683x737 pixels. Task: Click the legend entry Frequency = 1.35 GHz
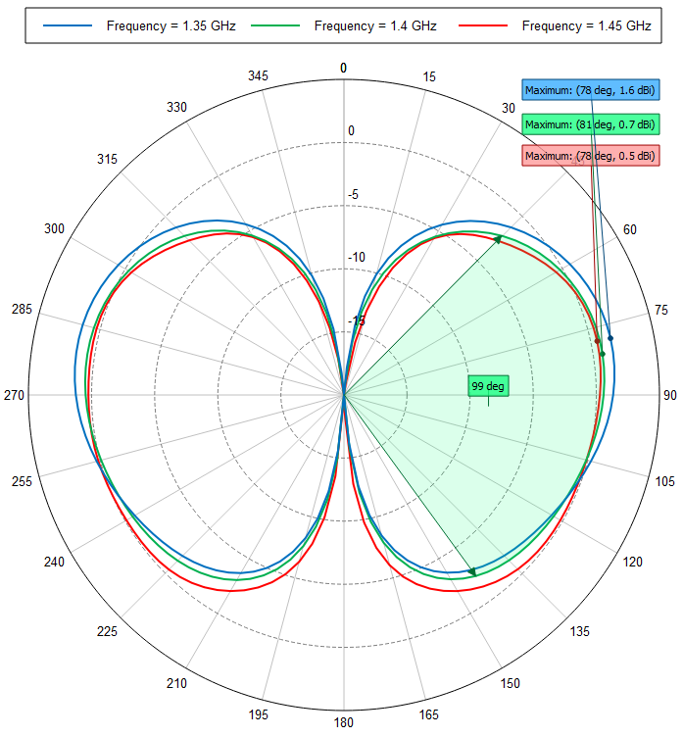[x=146, y=25]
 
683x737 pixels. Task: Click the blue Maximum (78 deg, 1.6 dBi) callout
[x=590, y=91]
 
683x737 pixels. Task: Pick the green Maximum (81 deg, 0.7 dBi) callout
[x=590, y=124]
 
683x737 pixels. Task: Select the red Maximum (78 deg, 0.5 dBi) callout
[x=590, y=156]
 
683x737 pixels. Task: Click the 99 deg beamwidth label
[x=488, y=386]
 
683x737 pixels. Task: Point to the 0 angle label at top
[x=343, y=68]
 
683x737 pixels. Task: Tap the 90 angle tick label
[x=669, y=396]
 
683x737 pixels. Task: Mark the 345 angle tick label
[x=258, y=76]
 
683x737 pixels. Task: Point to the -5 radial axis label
[x=353, y=195]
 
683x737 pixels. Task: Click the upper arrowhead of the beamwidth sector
[x=498, y=238]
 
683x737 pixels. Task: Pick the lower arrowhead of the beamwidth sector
[x=472, y=572]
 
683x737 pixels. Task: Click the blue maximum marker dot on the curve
[x=610, y=338]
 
